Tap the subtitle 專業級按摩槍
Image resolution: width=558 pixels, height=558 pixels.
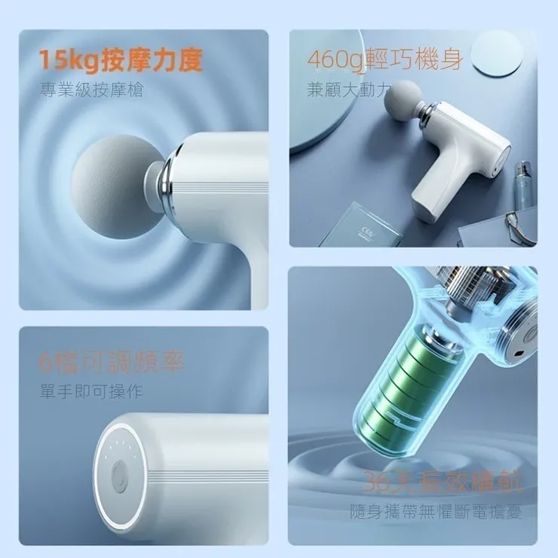[91, 91]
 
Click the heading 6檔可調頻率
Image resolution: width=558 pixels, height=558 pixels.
[111, 363]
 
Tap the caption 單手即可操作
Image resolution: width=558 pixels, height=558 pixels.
[91, 392]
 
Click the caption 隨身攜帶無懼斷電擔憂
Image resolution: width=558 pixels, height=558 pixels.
[436, 512]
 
